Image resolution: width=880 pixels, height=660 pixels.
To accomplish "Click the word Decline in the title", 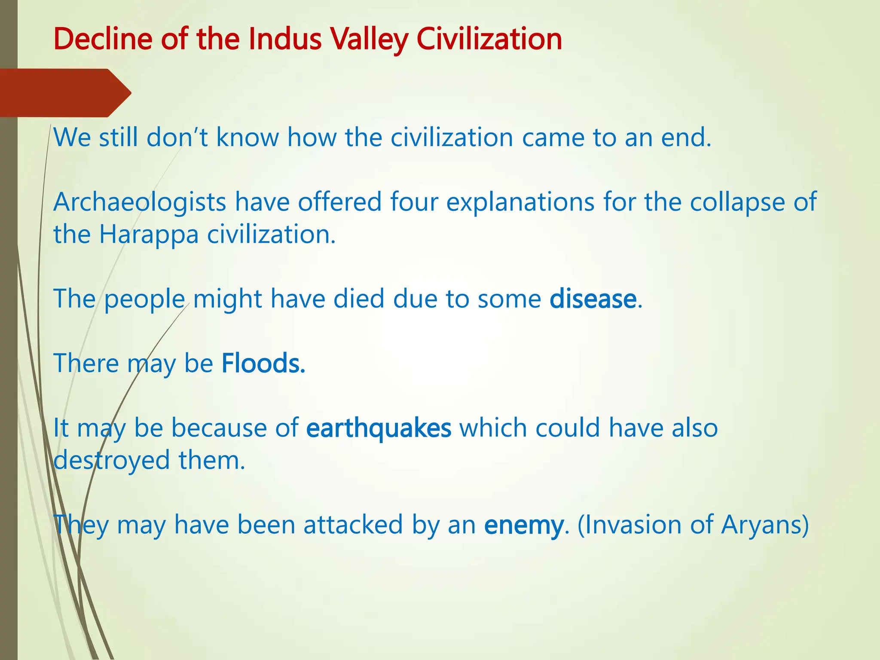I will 103,39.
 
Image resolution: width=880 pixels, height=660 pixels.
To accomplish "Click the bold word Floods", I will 263,363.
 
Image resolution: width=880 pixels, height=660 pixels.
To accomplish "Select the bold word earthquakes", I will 379,428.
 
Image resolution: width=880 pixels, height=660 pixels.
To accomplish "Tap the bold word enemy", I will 523,526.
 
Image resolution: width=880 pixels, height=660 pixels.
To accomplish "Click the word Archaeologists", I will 140,202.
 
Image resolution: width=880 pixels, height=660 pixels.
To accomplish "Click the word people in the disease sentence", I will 144,299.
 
